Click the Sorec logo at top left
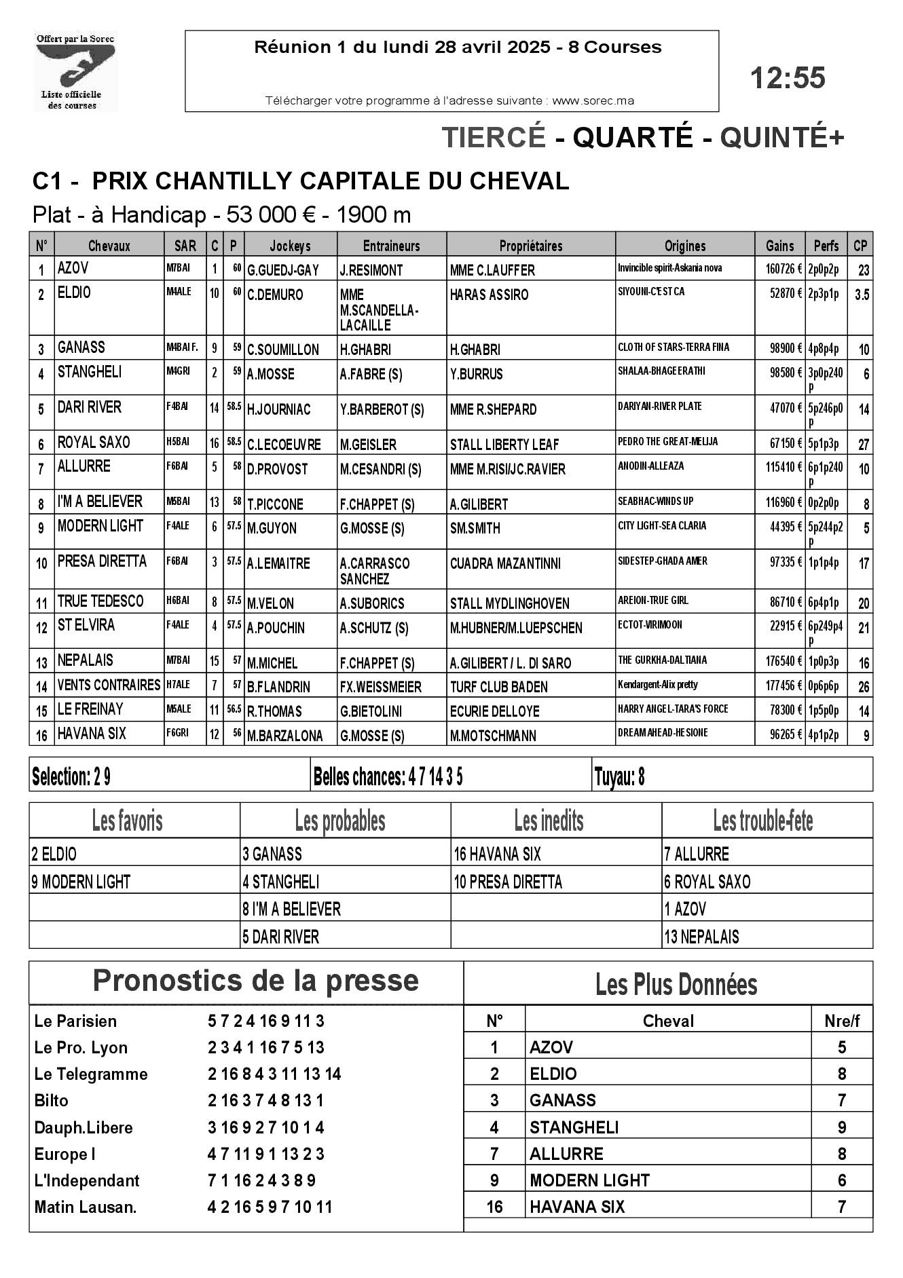pos(75,71)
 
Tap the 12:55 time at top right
pos(788,78)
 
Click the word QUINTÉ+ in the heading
pos(782,138)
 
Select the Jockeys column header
pos(290,246)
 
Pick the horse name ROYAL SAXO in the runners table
pos(94,443)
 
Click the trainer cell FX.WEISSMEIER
pos(380,688)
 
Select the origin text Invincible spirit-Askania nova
pos(669,268)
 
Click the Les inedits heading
pos(549,821)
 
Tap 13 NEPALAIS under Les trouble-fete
pos(701,937)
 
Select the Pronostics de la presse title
pos(255,981)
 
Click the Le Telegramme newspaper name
pos(90,1074)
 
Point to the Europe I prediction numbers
pos(265,1154)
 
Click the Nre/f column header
pos(841,1021)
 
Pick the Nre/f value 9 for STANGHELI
pos(841,1128)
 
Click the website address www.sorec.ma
pos(593,101)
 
